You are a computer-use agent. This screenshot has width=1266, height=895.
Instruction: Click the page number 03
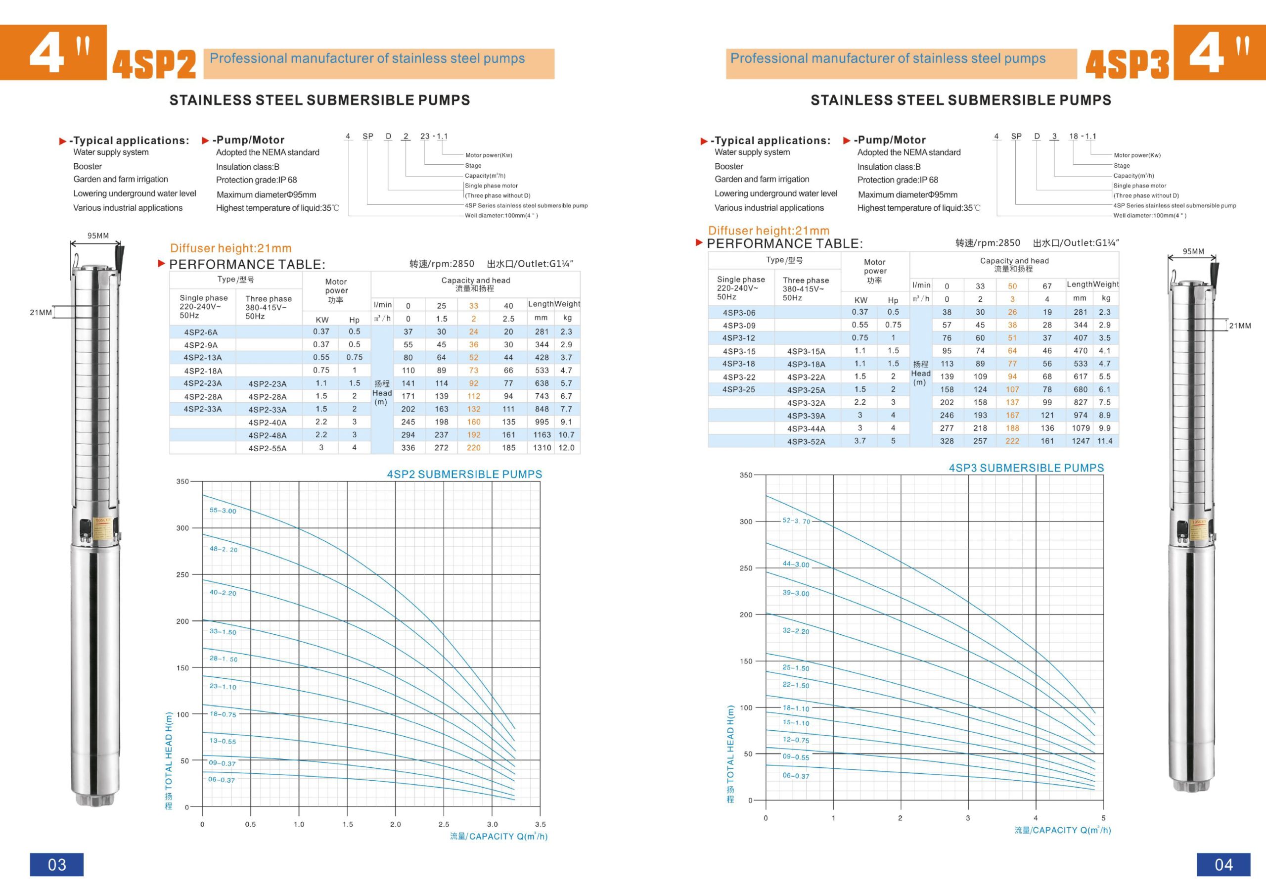tap(57, 864)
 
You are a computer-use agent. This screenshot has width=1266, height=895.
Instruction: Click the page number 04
tap(1223, 864)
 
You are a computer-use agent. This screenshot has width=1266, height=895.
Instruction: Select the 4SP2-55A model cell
tap(268, 448)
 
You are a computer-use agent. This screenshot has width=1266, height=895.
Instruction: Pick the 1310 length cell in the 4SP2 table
tap(542, 447)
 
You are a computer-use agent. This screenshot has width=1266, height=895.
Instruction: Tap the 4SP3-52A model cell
tap(806, 441)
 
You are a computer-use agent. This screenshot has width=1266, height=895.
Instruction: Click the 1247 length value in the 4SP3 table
tap(1081, 441)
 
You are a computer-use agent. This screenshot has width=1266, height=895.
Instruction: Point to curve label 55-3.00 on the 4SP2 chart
tap(223, 511)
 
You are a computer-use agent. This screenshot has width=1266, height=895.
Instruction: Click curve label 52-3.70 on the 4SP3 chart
tap(796, 520)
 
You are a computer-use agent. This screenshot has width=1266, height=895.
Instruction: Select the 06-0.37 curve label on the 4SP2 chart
tap(222, 780)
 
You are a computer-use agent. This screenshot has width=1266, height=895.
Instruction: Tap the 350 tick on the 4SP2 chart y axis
tap(182, 481)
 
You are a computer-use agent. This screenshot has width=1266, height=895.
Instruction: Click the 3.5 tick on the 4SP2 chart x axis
tap(541, 824)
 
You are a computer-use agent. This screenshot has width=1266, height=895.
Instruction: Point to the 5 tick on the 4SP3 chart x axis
tap(1103, 818)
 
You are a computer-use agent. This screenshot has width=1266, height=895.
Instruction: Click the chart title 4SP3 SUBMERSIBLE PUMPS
tap(1026, 468)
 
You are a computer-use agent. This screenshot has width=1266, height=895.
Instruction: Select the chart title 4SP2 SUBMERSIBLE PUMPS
tap(464, 474)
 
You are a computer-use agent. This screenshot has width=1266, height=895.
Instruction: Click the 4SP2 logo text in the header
tap(154, 64)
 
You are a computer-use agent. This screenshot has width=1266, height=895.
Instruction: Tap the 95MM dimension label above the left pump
tap(98, 236)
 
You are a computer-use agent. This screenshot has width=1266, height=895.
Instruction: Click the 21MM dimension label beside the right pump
tap(1240, 326)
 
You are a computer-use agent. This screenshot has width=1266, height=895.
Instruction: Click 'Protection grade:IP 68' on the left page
tap(256, 180)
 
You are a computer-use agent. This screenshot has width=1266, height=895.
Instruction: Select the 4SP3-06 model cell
tap(739, 312)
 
